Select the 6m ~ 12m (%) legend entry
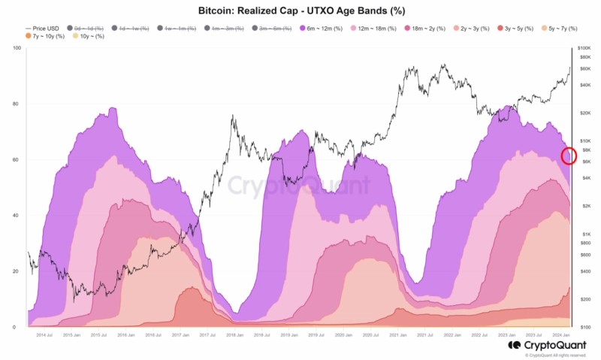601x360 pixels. pyautogui.click(x=322, y=28)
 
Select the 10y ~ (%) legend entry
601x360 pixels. pyautogui.click(x=89, y=36)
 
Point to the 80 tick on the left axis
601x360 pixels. pyautogui.click(x=16, y=104)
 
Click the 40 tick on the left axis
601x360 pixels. pyautogui.click(x=16, y=216)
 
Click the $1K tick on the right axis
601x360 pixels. pyautogui.click(x=585, y=234)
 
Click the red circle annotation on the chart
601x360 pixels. pyautogui.click(x=569, y=156)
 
